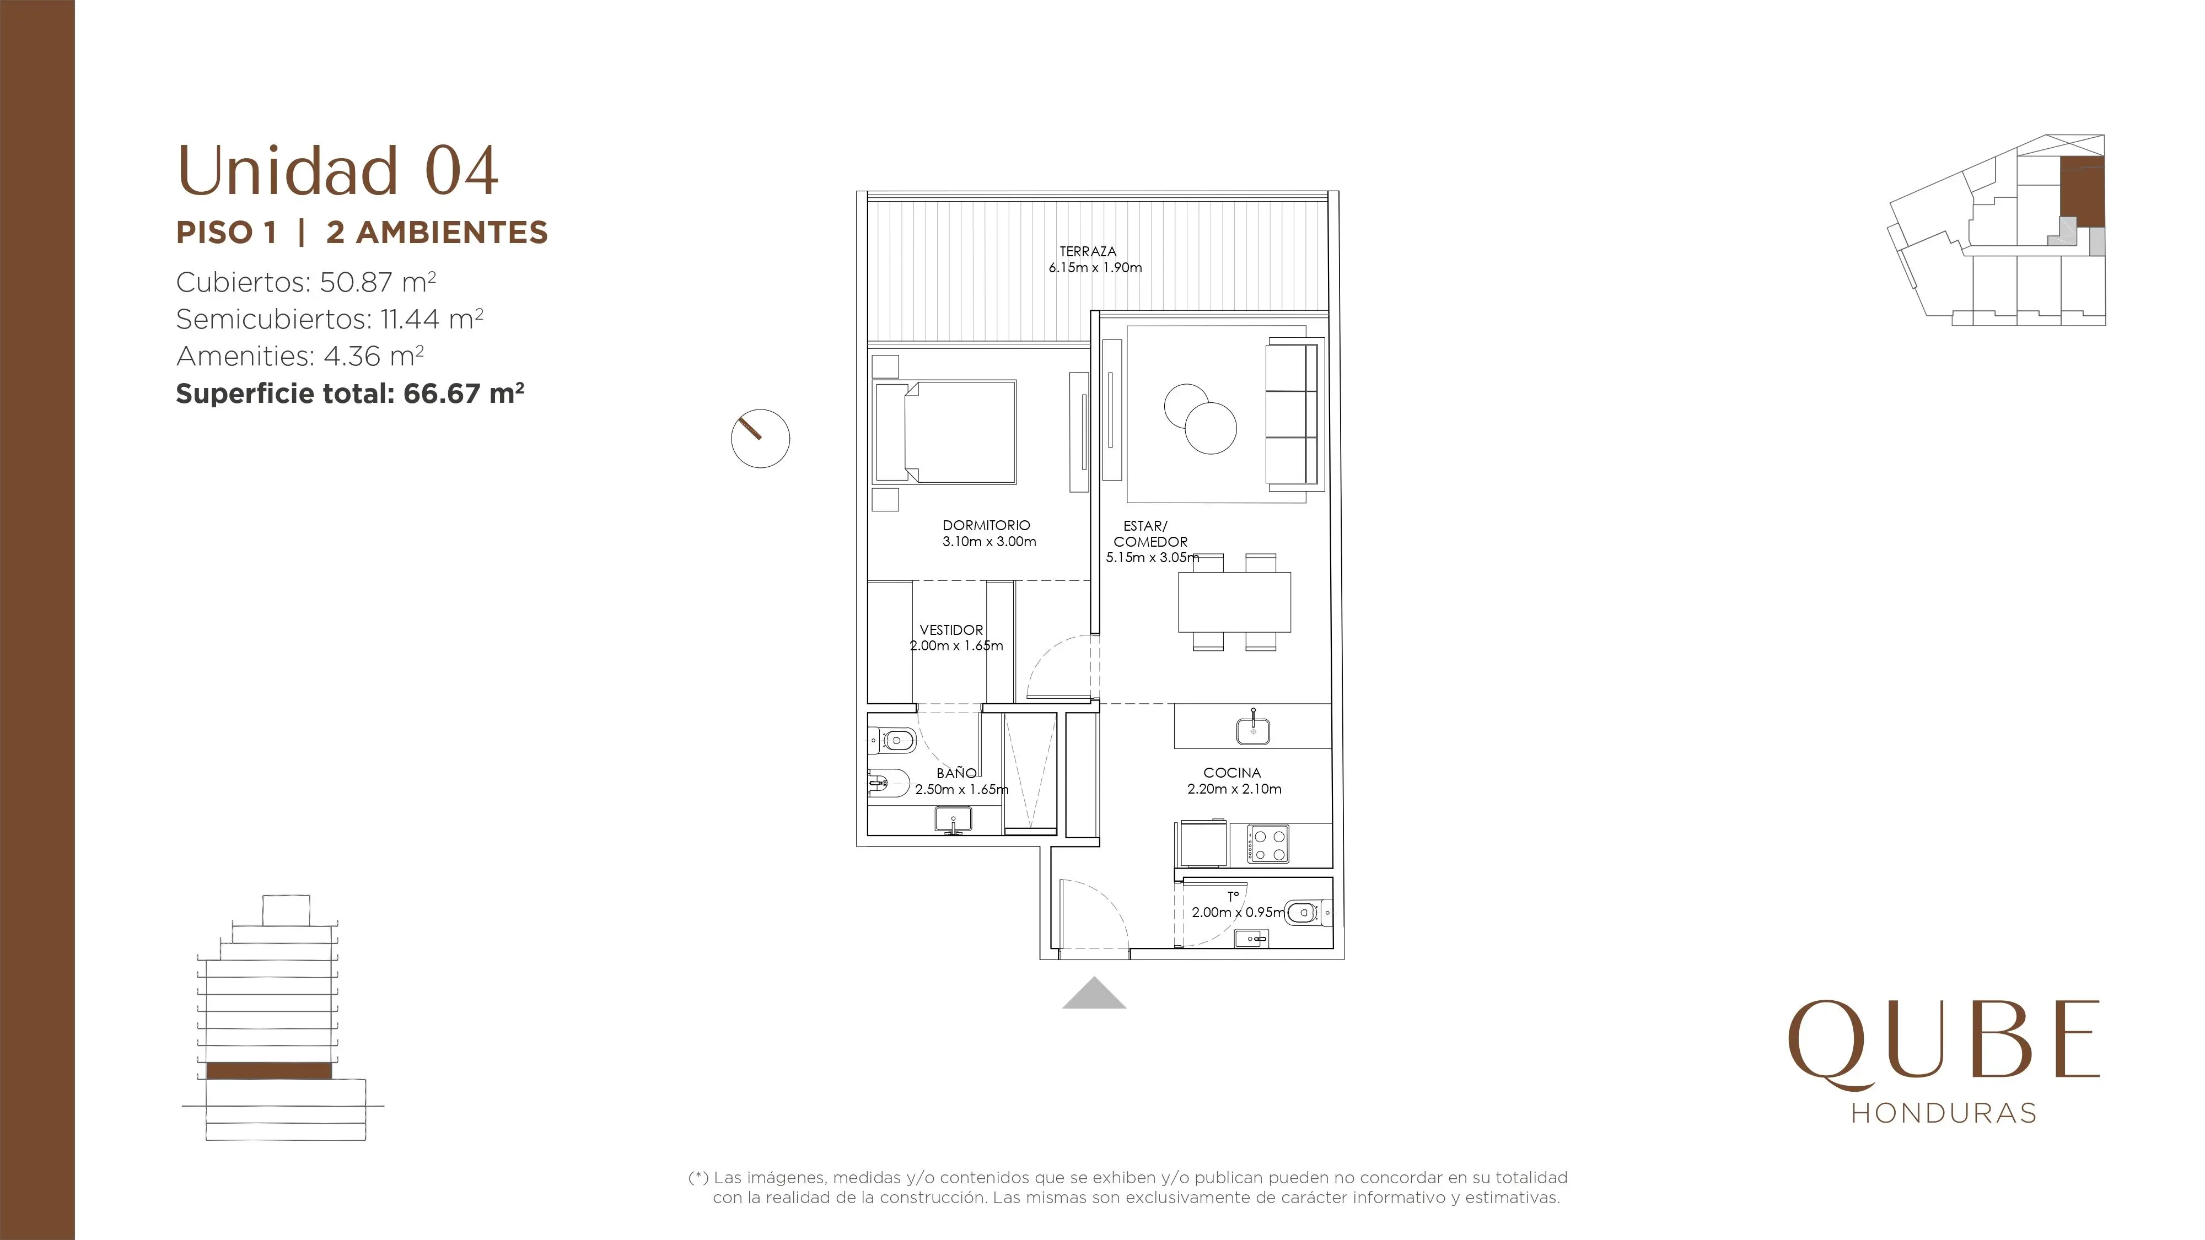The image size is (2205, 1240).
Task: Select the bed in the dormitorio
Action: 944,432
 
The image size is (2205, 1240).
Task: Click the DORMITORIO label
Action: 986,525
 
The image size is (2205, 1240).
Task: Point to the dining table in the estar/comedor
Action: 1234,602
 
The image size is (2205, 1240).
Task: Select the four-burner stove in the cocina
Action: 1268,843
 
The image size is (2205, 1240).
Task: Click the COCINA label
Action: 1231,773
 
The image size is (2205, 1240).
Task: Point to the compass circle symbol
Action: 760,438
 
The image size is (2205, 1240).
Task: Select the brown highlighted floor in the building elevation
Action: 269,1071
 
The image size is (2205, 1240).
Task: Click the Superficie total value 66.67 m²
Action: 463,393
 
